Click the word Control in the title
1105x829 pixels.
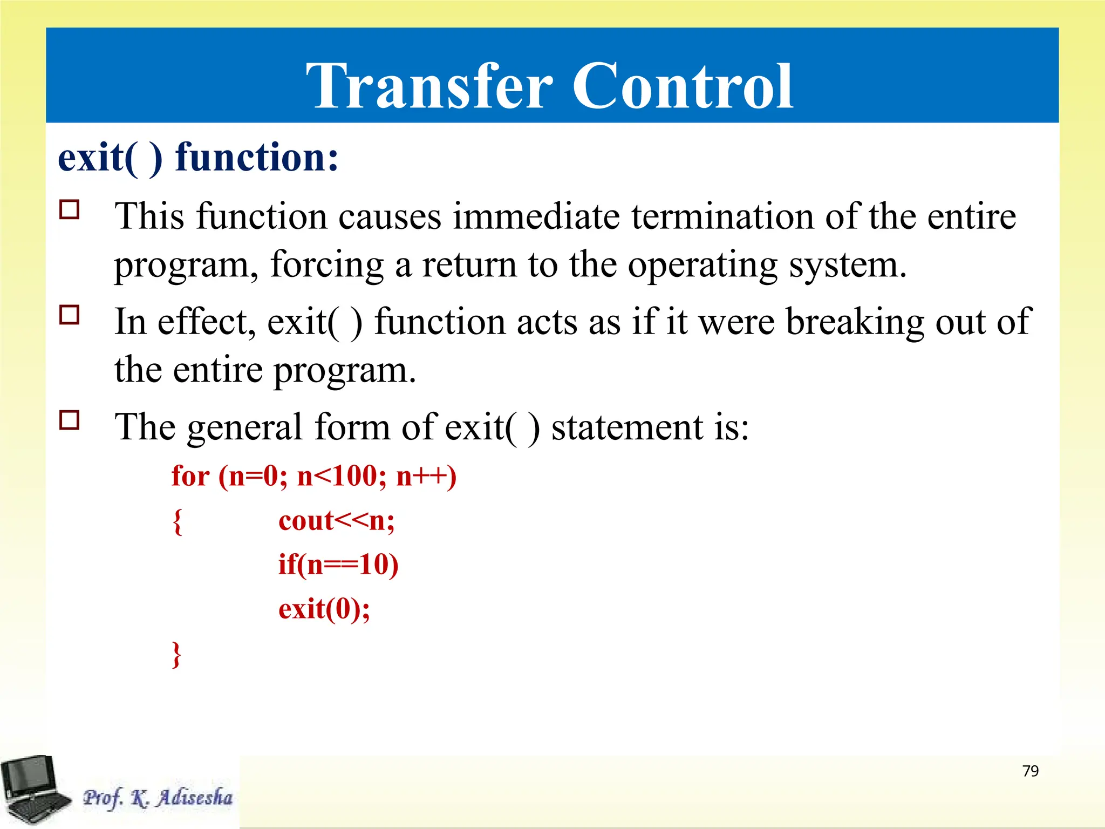(x=682, y=86)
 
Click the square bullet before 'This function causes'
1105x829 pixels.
(x=70, y=209)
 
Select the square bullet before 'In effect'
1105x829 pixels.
(x=70, y=315)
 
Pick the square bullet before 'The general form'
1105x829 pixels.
(x=70, y=420)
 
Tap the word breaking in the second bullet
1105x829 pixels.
(x=855, y=322)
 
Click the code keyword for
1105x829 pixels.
(x=190, y=477)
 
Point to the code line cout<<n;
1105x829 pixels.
(x=336, y=521)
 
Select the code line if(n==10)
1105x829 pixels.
(x=338, y=565)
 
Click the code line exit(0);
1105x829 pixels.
(x=324, y=609)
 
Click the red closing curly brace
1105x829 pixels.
(x=176, y=654)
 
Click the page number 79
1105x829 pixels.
(x=1030, y=771)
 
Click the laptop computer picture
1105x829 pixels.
(x=33, y=789)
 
